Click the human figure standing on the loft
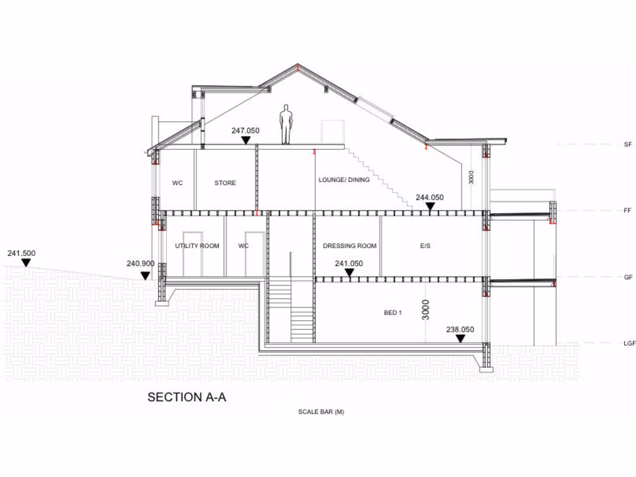(286, 124)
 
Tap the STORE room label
(225, 183)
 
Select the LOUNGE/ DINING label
(344, 180)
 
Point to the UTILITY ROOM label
(197, 246)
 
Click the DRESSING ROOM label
(350, 246)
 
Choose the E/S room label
(425, 246)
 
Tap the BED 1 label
(393, 312)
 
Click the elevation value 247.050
(245, 130)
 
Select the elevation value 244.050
(430, 198)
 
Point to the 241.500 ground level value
(21, 253)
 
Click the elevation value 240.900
(140, 264)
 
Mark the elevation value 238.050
(460, 330)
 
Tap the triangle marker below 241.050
(349, 272)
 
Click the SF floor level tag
(628, 144)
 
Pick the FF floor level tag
(628, 211)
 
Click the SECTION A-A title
(186, 397)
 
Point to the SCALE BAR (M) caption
(320, 412)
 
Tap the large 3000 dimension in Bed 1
(425, 310)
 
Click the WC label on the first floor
(178, 183)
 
